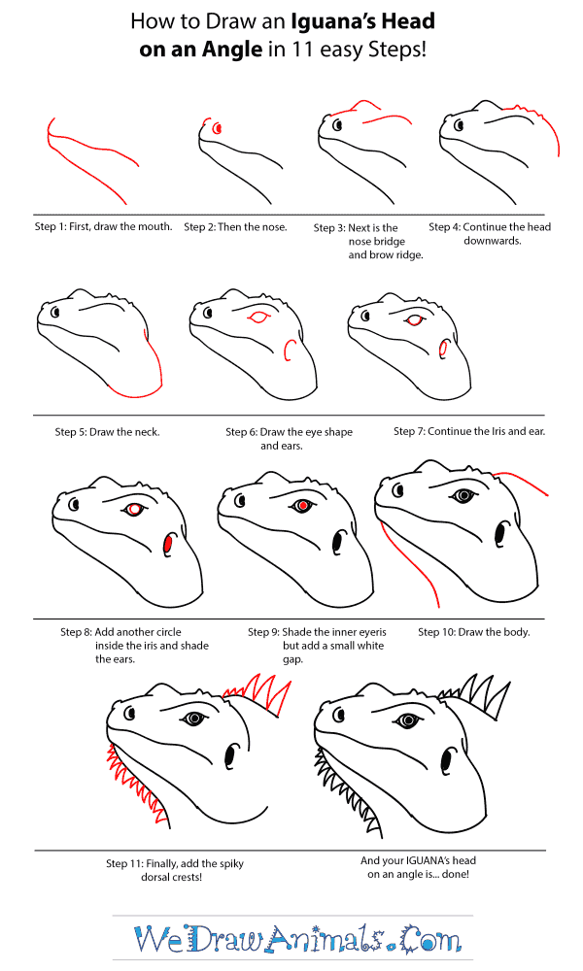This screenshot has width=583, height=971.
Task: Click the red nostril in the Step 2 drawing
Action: tap(217, 129)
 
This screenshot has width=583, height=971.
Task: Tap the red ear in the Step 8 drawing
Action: tap(168, 545)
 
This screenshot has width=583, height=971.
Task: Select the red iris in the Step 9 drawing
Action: tap(302, 507)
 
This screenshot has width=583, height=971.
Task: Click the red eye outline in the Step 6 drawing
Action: tap(259, 318)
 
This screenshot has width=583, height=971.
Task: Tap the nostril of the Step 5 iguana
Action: tap(55, 312)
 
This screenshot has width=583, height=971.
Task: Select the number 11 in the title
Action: tap(301, 50)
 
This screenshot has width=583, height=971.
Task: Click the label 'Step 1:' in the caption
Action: tap(51, 226)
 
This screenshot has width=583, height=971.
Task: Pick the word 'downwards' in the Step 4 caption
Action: tap(493, 241)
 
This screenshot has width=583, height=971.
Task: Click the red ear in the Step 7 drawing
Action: tap(443, 350)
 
